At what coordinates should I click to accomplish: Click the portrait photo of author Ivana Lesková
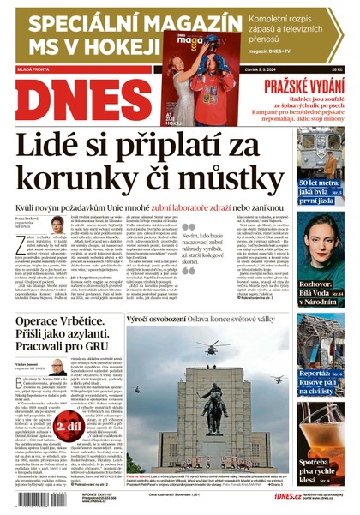(56, 225)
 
